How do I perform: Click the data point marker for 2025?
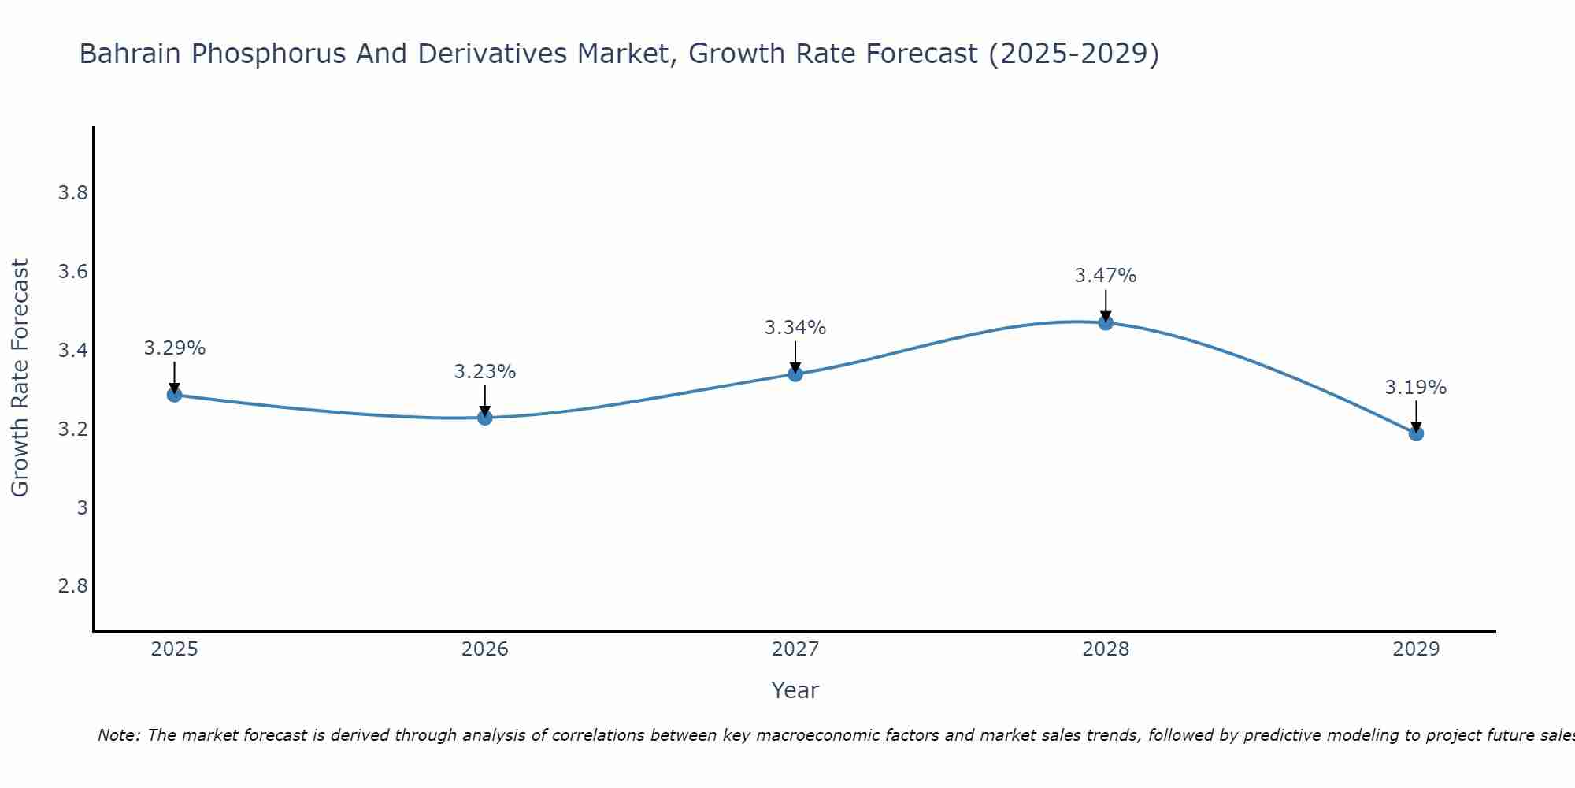pyautogui.click(x=175, y=395)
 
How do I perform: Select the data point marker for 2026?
pyautogui.click(x=485, y=418)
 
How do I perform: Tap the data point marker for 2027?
pyautogui.click(x=795, y=374)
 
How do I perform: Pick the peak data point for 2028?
pyautogui.click(x=1106, y=322)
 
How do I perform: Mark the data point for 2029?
pyautogui.click(x=1416, y=433)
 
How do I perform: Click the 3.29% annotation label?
pyautogui.click(x=175, y=348)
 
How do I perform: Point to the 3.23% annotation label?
pyautogui.click(x=485, y=372)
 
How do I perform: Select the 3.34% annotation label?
pyautogui.click(x=795, y=328)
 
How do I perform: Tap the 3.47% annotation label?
pyautogui.click(x=1106, y=276)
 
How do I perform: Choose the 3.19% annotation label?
pyautogui.click(x=1416, y=388)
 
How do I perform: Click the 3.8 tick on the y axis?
pyautogui.click(x=72, y=193)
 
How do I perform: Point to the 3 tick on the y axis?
pyautogui.click(x=82, y=507)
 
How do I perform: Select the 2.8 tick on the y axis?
pyautogui.click(x=72, y=586)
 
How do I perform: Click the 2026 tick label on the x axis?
pyautogui.click(x=485, y=649)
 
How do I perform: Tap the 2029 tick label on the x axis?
pyautogui.click(x=1416, y=649)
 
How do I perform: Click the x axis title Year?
pyautogui.click(x=795, y=690)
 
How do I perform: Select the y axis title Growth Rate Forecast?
pyautogui.click(x=20, y=378)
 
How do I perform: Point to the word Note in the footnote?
pyautogui.click(x=118, y=735)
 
